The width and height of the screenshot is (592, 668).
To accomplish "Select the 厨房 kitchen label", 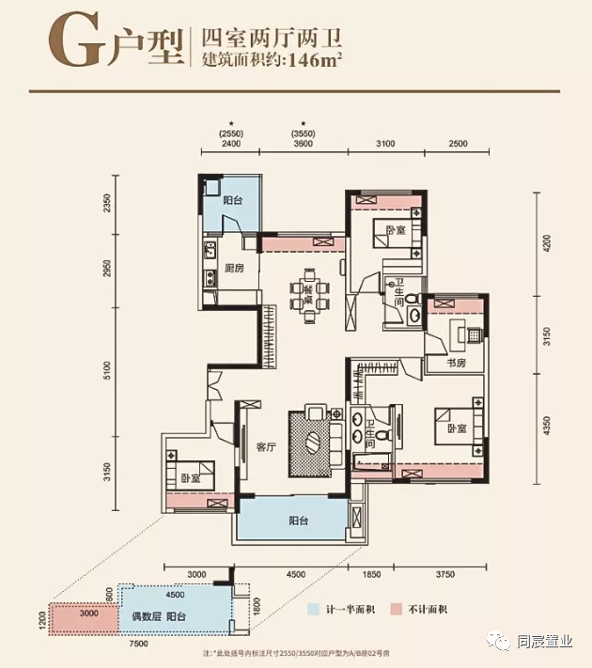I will coord(234,270).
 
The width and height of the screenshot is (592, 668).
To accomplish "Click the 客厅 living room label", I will coord(264,446).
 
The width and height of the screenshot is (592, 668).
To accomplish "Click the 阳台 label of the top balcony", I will coord(233,200).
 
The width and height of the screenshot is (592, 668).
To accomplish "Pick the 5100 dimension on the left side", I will coord(108,371).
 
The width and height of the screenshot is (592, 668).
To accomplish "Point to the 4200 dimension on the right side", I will coord(546,246).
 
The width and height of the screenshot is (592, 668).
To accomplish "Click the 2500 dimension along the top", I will coord(458,143).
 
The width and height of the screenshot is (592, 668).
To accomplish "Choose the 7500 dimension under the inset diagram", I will coord(139,643).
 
